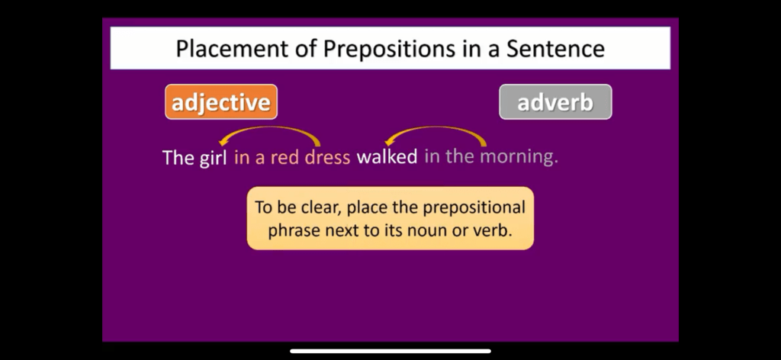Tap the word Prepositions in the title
click(x=388, y=49)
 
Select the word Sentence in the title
click(x=556, y=49)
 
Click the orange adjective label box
click(x=221, y=102)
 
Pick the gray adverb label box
click(x=555, y=102)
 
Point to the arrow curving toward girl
click(x=269, y=128)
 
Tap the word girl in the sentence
click(x=214, y=159)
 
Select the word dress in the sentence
click(x=327, y=158)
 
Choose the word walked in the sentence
click(x=387, y=157)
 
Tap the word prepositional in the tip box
click(x=474, y=207)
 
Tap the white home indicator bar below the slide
click(x=390, y=351)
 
